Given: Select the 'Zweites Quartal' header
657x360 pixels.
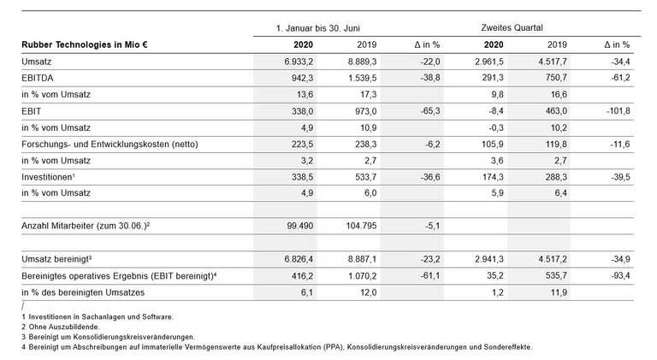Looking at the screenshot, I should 512,27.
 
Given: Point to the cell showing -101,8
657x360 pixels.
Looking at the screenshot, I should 616,110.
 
